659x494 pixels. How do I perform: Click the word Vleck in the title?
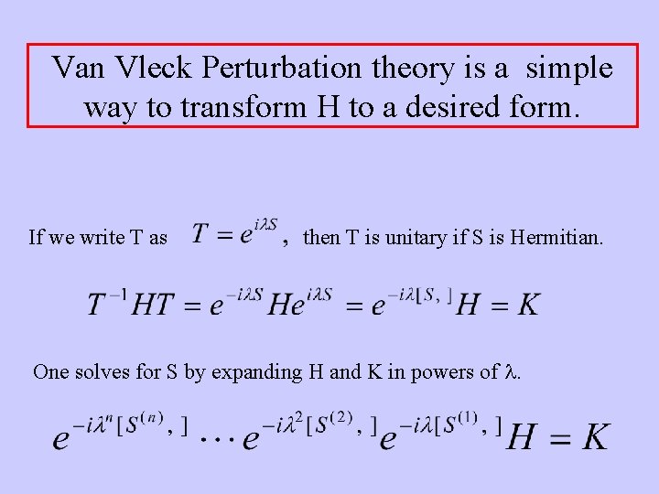(159, 68)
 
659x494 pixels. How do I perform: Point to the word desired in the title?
(444, 107)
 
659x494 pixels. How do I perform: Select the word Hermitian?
(557, 238)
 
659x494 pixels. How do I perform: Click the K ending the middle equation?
(526, 304)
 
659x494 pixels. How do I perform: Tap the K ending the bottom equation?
(594, 437)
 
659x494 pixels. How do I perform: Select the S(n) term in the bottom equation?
(149, 424)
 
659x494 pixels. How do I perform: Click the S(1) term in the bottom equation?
(462, 424)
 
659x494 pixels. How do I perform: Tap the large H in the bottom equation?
(522, 437)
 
